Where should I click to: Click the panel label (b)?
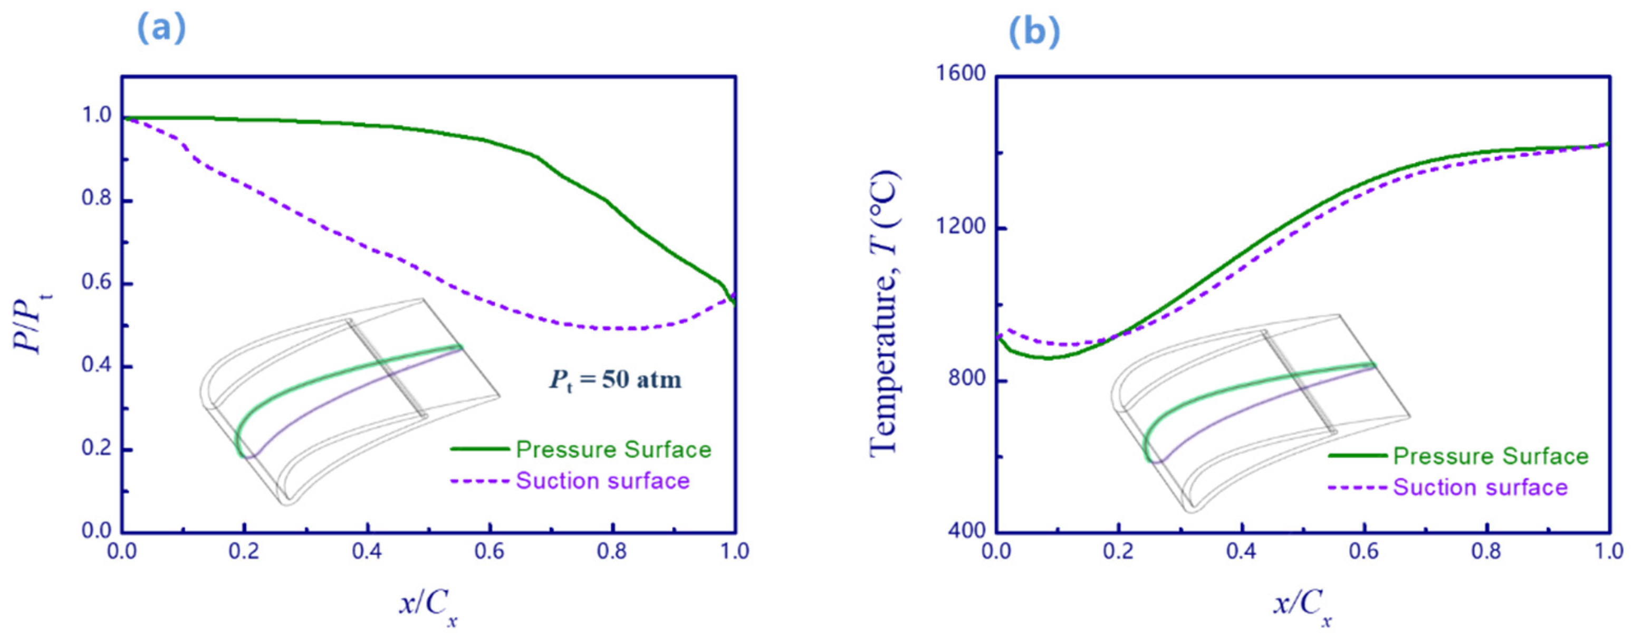tap(1034, 32)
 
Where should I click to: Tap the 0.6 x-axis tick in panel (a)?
tap(489, 551)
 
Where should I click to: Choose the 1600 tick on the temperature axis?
tap(961, 75)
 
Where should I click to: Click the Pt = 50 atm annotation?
tap(615, 380)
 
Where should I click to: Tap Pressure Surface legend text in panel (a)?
tap(613, 450)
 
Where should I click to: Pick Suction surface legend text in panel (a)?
tap(602, 481)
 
